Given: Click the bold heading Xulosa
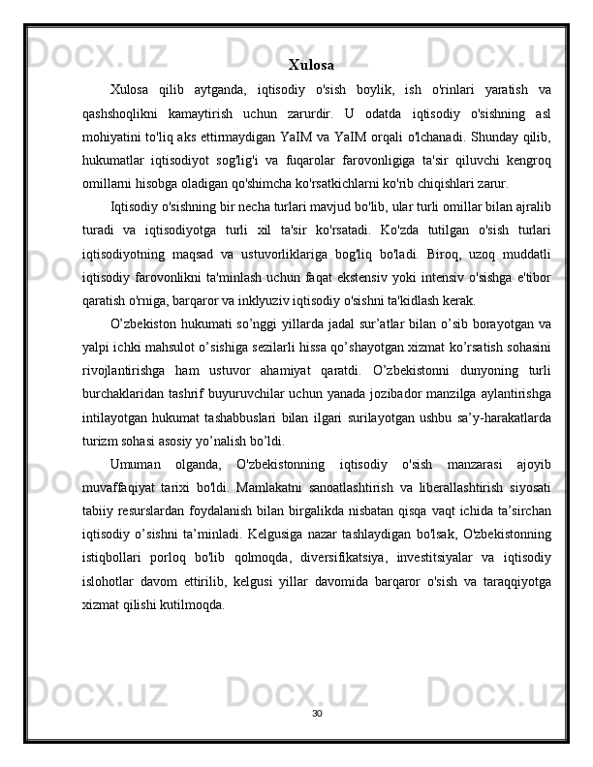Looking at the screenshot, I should click(311, 66).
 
